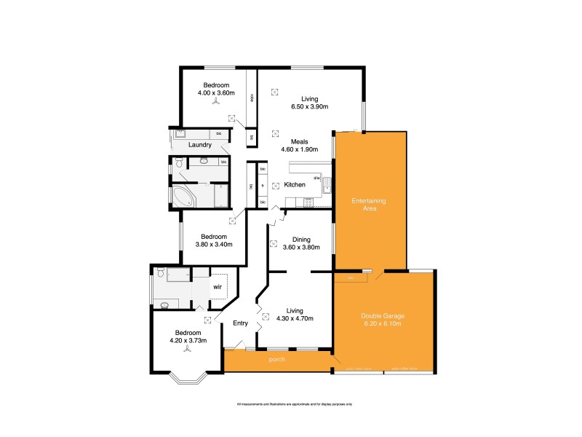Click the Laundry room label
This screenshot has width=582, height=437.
tap(199, 145)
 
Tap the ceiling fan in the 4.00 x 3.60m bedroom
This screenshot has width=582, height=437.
tap(216, 103)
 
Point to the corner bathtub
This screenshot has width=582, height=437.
tap(182, 196)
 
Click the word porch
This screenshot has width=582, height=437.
tap(277, 360)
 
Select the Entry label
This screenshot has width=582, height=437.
tap(240, 323)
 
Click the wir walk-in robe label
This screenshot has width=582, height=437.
tap(217, 287)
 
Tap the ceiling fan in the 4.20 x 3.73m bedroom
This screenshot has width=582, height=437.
tap(188, 350)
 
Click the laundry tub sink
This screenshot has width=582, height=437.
tap(180, 134)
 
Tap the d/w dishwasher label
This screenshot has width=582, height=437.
tap(317, 178)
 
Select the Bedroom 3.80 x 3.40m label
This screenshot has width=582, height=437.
tap(214, 240)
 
